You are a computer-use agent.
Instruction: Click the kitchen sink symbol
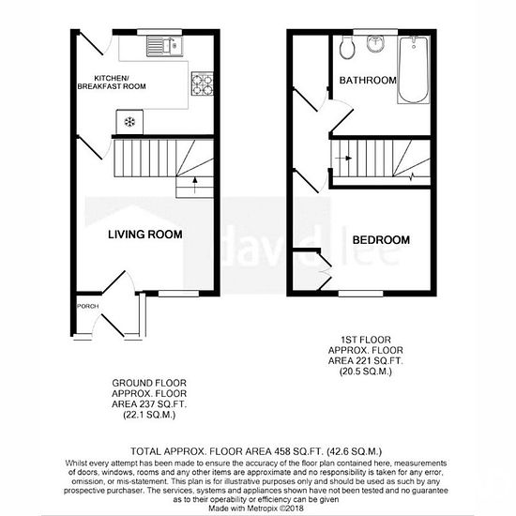coord(164,46)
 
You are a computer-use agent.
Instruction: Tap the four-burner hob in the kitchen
coord(203,83)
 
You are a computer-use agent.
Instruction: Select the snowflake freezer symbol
coord(129,122)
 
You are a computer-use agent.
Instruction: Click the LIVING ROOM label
coord(145,235)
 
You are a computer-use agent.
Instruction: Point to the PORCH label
coord(88,307)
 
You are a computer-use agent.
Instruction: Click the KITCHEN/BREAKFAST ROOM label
coord(112,83)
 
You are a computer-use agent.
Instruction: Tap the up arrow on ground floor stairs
coord(195,185)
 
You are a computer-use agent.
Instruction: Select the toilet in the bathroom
coord(347,48)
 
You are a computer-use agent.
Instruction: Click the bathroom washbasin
coord(375,44)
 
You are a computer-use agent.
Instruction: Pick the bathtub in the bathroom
coord(414,70)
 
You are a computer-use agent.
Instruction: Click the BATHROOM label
coord(368,81)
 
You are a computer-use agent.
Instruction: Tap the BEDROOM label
coord(381,240)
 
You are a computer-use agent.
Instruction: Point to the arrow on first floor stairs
coord(343,159)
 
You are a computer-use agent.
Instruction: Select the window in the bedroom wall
coord(360,294)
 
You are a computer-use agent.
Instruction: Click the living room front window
coord(178,294)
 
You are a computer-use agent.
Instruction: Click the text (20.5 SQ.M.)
coord(366,372)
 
